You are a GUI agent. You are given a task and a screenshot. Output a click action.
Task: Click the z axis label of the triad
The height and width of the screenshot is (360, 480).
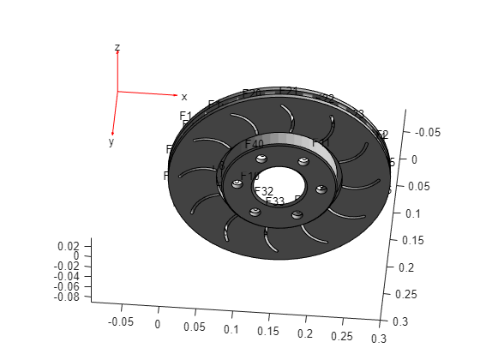pyautogui.click(x=117, y=47)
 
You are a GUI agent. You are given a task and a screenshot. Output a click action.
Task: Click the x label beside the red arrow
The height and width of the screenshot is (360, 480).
pyautogui.click(x=183, y=97)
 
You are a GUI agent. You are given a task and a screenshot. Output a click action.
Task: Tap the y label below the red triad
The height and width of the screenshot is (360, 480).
pyautogui.click(x=111, y=142)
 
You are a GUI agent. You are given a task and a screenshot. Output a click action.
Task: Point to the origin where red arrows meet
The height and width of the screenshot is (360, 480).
pyautogui.click(x=117, y=91)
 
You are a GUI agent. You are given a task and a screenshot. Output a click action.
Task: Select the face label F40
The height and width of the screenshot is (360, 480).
pyautogui.click(x=255, y=144)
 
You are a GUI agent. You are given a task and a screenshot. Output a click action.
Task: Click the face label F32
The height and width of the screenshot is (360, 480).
pyautogui.click(x=263, y=191)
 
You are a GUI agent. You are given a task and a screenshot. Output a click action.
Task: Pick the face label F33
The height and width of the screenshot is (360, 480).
pyautogui.click(x=275, y=201)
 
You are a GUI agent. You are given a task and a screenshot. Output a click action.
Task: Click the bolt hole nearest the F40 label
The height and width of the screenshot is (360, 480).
pyautogui.click(x=261, y=159)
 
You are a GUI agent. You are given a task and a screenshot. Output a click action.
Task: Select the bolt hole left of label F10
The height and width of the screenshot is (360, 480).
pyautogui.click(x=237, y=183)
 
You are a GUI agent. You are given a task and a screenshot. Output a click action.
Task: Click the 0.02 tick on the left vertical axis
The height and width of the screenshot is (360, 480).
pyautogui.click(x=68, y=245)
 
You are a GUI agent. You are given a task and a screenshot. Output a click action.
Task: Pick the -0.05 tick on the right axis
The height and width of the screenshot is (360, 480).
pyautogui.click(x=426, y=132)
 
